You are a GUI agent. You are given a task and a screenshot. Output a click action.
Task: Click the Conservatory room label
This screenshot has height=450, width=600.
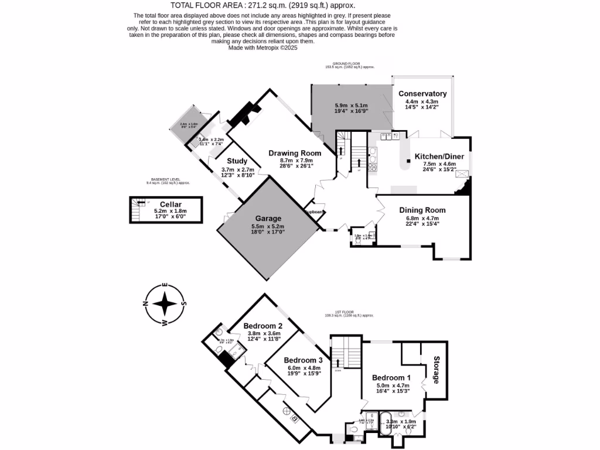pos(422,94)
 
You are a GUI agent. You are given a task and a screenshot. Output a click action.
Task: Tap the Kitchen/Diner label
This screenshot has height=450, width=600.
pos(439,156)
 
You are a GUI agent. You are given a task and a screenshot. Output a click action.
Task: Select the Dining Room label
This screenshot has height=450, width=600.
pos(422,210)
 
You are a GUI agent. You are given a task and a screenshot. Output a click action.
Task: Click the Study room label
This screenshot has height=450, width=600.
pos(237,162)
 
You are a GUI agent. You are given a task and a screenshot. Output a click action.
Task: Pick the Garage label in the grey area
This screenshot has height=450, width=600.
pos(267,219)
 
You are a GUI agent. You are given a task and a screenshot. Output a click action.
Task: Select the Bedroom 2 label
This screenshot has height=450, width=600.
pos(263,326)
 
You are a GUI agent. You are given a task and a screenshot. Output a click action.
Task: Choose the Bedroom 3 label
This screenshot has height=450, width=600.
pos(303,360)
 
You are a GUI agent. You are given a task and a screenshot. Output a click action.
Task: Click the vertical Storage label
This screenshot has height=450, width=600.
pos(437,370)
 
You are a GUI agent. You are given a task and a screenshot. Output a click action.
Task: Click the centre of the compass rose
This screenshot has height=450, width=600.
pos(166,304)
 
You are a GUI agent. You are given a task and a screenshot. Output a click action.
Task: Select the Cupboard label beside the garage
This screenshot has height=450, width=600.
pos(314,212)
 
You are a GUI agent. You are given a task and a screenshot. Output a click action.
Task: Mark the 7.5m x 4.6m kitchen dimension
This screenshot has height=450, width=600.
pos(439,165)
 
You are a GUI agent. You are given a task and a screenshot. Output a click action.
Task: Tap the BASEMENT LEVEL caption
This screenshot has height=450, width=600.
pos(166,179)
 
